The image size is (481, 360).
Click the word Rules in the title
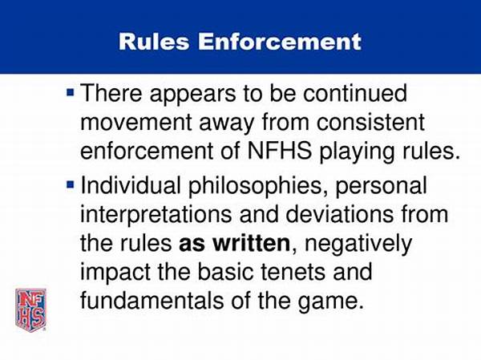pyautogui.click(x=154, y=42)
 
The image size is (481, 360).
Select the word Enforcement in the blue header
pyautogui.click(x=280, y=42)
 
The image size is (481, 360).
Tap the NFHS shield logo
pyautogui.click(x=31, y=310)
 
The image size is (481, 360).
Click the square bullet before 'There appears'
pyautogui.click(x=71, y=91)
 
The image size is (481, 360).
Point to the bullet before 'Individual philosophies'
pyautogui.click(x=71, y=184)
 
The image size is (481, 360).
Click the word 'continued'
pyautogui.click(x=355, y=93)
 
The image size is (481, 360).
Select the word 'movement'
pyautogui.click(x=136, y=122)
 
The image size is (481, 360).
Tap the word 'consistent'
pyautogui.click(x=370, y=122)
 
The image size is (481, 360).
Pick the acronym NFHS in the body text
pyautogui.click(x=279, y=151)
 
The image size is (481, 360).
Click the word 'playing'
pyautogui.click(x=357, y=152)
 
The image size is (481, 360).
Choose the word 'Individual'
pyautogui.click(x=131, y=185)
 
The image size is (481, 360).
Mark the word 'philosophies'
pyautogui.click(x=259, y=186)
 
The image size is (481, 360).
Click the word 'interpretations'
pyautogui.click(x=156, y=215)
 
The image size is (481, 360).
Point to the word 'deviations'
pyautogui.click(x=340, y=214)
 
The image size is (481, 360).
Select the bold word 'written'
pyautogui.click(x=251, y=243)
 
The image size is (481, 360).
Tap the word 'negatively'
pyautogui.click(x=358, y=245)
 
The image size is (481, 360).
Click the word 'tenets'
pyautogui.click(x=292, y=273)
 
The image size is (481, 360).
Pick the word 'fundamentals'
pyautogui.click(x=152, y=301)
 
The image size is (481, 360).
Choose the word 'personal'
pyautogui.click(x=382, y=187)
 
